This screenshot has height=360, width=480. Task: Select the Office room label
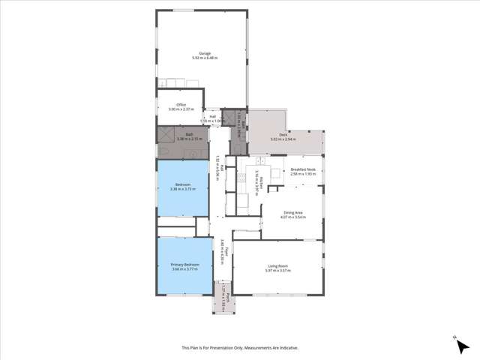click(x=181, y=105)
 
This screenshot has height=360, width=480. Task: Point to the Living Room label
click(x=278, y=266)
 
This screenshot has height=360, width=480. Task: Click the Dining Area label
click(x=292, y=213)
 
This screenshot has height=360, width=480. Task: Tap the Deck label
click(x=284, y=135)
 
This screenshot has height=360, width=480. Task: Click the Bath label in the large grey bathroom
click(x=180, y=135)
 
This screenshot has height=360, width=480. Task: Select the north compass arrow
click(x=454, y=338)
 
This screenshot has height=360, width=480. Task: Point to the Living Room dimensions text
click(x=278, y=271)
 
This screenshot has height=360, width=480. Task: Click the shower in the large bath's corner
click(x=165, y=135)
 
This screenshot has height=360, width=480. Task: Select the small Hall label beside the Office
click(x=213, y=116)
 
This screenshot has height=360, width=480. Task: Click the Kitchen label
click(x=257, y=179)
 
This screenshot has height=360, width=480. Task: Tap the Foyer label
click(x=223, y=248)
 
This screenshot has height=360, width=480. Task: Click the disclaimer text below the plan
click(x=239, y=348)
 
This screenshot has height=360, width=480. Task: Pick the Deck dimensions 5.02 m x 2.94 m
click(x=284, y=139)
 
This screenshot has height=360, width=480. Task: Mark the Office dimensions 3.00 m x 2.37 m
click(x=181, y=109)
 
